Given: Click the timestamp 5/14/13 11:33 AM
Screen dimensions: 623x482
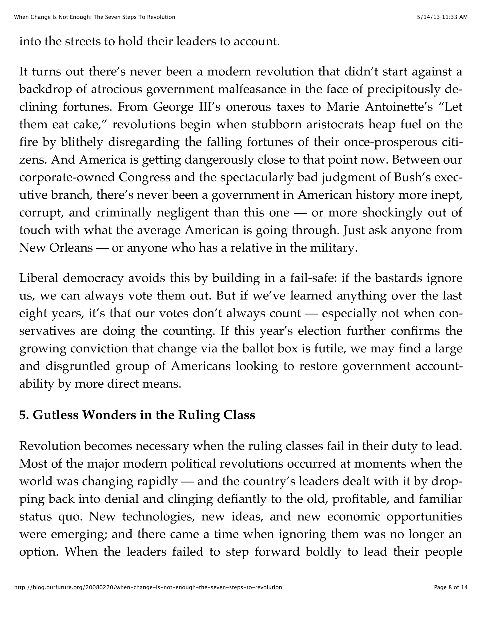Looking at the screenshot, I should click(442, 17).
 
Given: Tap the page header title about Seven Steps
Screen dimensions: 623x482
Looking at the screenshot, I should click(95, 17).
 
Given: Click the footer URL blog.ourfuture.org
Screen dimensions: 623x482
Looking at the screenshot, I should click(148, 587).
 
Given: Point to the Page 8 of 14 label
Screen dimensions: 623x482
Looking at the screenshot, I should click(451, 587).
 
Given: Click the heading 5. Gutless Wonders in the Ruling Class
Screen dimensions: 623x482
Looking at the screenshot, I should click(137, 415).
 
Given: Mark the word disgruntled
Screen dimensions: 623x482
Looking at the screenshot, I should click(78, 366).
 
